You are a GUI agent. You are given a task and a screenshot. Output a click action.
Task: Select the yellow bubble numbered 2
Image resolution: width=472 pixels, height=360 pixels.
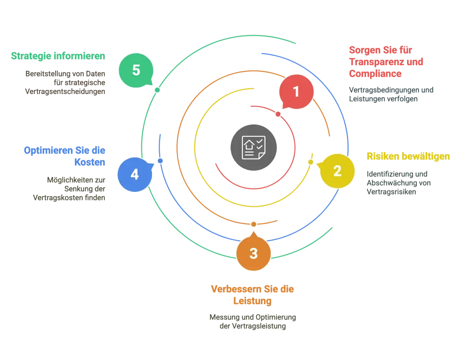point(337,171)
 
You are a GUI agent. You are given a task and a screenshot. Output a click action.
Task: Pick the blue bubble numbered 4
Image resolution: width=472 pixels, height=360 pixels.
point(135,174)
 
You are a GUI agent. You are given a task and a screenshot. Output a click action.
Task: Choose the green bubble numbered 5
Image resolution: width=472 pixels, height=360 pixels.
point(136,70)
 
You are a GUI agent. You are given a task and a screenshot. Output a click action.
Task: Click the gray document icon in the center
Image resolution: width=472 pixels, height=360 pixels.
point(254,147)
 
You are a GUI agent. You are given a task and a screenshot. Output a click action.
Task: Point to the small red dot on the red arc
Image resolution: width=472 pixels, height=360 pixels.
point(278,114)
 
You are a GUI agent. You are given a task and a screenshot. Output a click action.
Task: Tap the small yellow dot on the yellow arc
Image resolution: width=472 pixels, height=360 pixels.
point(310,162)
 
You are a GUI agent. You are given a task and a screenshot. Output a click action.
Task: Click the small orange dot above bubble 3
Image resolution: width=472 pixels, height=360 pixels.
point(254,224)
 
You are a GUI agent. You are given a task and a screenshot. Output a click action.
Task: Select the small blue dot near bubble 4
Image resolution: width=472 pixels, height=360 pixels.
point(160,161)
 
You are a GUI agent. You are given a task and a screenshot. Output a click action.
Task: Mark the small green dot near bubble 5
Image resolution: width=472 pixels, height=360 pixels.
point(157,90)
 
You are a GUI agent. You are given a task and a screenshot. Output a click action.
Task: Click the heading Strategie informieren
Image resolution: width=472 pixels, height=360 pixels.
point(58,56)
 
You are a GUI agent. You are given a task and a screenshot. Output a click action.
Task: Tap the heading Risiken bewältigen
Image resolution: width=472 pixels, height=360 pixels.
point(408,156)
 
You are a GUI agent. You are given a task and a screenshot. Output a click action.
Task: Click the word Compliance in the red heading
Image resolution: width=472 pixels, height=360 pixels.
point(375,73)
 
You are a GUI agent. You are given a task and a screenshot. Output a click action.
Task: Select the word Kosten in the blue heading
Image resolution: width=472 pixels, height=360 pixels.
point(90,162)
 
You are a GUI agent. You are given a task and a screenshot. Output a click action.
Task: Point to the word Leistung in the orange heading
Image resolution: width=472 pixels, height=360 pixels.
point(252,301)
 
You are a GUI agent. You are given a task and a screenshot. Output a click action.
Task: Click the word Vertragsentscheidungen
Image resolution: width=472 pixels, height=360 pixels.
point(65,91)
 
